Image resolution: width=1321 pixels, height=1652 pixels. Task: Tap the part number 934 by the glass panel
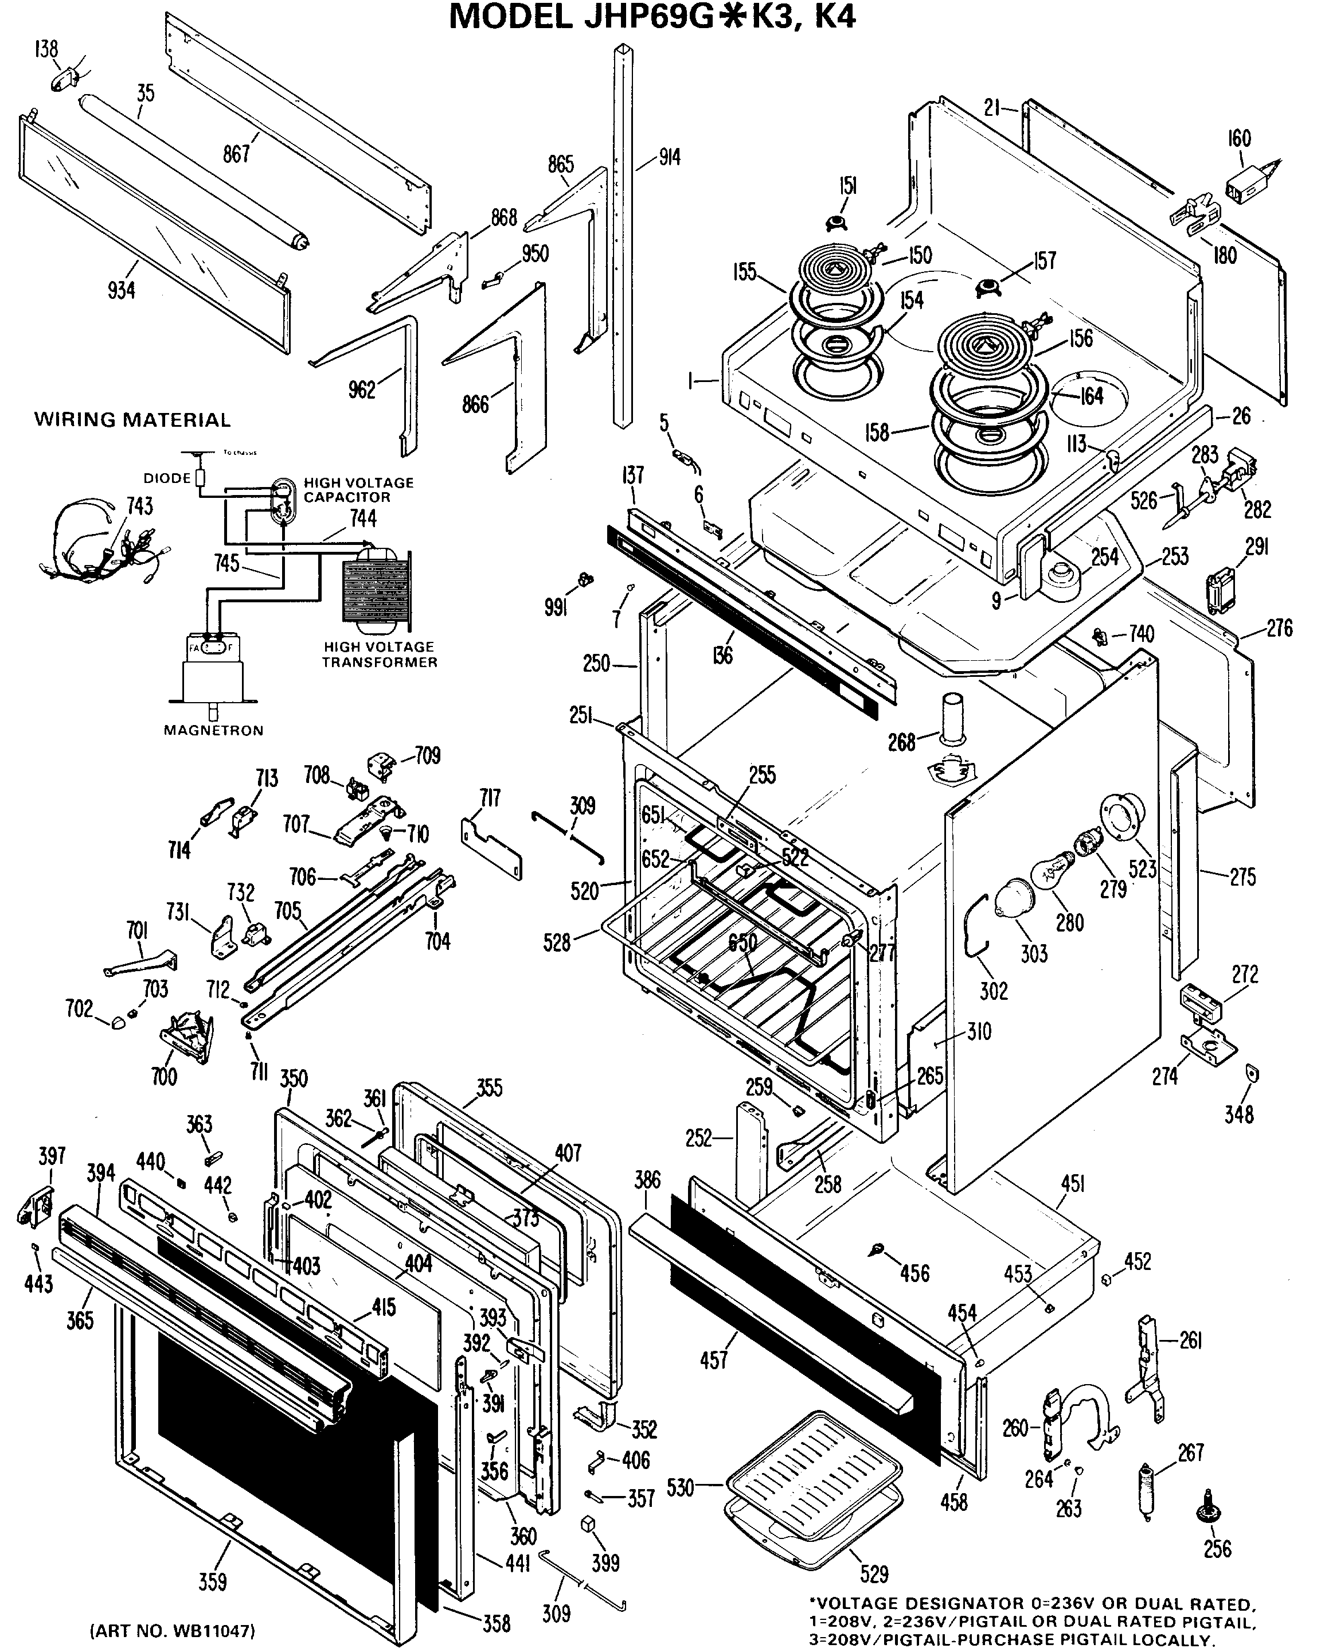coord(121,290)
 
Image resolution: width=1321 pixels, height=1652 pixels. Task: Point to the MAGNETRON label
coord(214,730)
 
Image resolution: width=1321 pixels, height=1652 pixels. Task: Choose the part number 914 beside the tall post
coord(669,158)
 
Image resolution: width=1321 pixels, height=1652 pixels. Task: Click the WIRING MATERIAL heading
coord(132,420)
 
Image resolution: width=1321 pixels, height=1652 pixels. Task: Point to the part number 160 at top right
coord(1239,139)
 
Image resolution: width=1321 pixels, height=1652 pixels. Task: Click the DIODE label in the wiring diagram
coord(167,478)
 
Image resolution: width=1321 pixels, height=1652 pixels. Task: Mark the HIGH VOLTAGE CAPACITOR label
coord(358,490)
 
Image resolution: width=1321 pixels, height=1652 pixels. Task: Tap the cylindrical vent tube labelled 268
coord(953,719)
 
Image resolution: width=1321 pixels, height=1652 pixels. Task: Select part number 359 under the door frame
coord(213,1581)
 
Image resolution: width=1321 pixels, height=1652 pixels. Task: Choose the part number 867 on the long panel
coord(237,154)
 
